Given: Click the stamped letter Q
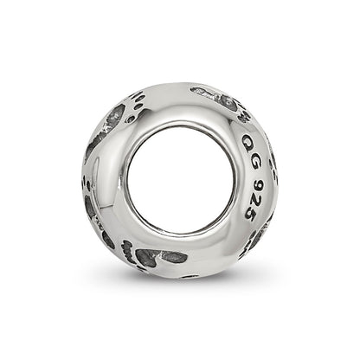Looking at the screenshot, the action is click(x=247, y=142).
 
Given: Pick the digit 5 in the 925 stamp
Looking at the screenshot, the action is click(x=248, y=214).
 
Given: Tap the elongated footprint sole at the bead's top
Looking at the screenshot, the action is click(x=213, y=98).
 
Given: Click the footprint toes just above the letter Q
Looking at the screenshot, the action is click(x=244, y=116).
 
